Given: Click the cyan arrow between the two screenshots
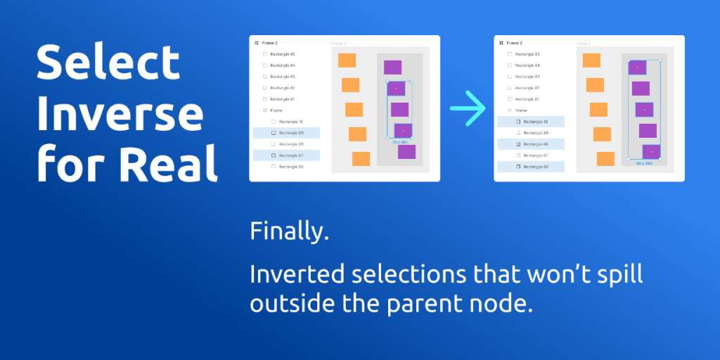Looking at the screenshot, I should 468,109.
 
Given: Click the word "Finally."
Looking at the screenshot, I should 289,231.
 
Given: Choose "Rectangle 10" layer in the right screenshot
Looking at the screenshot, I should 535,122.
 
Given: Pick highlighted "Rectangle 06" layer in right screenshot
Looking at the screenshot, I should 535,167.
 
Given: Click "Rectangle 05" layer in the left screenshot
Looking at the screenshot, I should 282,54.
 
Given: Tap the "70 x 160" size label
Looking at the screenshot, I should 399,142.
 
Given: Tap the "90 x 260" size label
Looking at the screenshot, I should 644,163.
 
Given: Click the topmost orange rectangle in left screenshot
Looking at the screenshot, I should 347,60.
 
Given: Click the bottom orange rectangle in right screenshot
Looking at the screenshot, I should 605,159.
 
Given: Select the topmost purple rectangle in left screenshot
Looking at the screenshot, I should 392,67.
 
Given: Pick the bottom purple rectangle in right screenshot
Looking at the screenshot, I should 651,152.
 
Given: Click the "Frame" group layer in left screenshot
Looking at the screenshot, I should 276,110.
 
